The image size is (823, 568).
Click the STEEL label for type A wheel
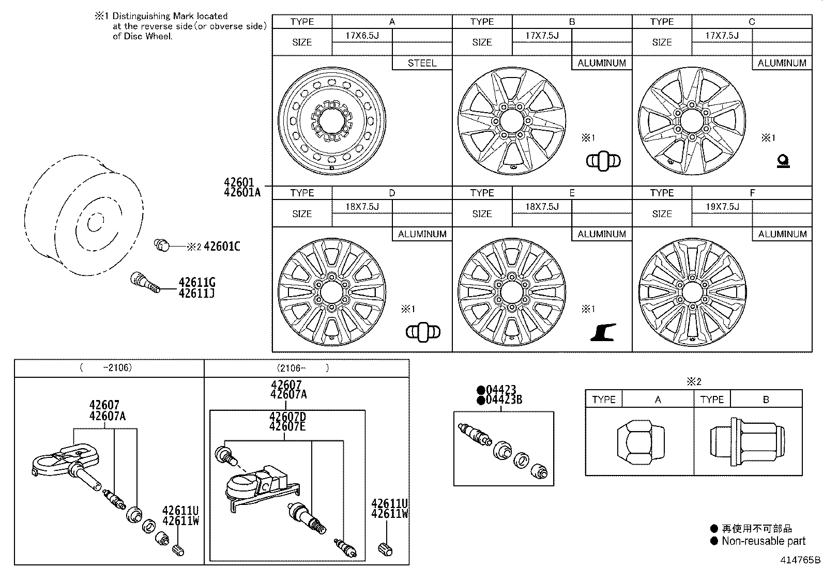pyautogui.click(x=422, y=63)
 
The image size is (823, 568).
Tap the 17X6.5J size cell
pyautogui.click(x=362, y=36)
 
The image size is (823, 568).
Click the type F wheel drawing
pyautogui.click(x=692, y=292)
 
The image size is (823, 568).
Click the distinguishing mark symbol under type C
pyautogui.click(x=783, y=162)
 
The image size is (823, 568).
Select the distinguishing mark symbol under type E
pyautogui.click(x=603, y=332)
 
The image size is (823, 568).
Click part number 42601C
pyautogui.click(x=222, y=247)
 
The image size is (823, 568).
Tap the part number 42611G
pyautogui.click(x=196, y=283)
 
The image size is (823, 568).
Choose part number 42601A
pyautogui.click(x=242, y=192)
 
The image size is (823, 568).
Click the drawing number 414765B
pyautogui.click(x=801, y=560)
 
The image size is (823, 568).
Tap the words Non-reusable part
pyautogui.click(x=763, y=541)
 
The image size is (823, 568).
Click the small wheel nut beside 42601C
pyautogui.click(x=162, y=244)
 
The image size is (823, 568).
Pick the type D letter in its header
pyautogui.click(x=392, y=193)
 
